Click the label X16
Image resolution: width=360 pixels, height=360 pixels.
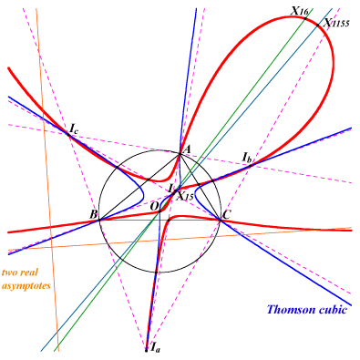tap(300, 12)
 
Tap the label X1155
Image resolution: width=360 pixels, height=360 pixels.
tap(336, 23)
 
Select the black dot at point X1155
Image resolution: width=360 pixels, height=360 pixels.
tap(318, 26)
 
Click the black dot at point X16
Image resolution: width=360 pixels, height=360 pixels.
tap(305, 19)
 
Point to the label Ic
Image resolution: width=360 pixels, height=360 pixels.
tap(74, 129)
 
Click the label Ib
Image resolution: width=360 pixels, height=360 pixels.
tap(247, 158)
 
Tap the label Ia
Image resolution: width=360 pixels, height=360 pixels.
tap(155, 347)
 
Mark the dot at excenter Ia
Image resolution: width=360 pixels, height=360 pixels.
tap(147, 350)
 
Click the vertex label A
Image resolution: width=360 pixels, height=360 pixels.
tap(188, 149)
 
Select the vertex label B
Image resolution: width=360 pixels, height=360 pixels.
tap(93, 215)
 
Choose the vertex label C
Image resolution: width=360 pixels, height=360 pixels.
tap(226, 215)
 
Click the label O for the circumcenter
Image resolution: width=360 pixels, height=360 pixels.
tap(154, 206)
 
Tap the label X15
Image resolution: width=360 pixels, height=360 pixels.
tap(185, 196)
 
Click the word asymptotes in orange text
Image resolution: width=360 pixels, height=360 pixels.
tap(26, 286)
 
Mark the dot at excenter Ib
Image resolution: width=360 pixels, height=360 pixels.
tap(251, 166)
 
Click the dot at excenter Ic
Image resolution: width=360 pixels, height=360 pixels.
tap(68, 135)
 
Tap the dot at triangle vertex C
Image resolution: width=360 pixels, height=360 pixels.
tap(220, 220)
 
